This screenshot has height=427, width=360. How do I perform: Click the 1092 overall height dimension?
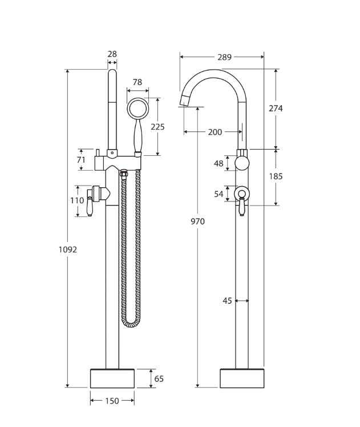pyautogui.click(x=67, y=249)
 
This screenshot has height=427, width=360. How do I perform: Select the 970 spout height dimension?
pyautogui.click(x=197, y=221)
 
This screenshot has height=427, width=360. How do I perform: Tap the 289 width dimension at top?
pyautogui.click(x=224, y=57)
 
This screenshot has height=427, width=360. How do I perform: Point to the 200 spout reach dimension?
pyautogui.click(x=215, y=132)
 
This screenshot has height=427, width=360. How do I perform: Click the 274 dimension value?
pyautogui.click(x=276, y=108)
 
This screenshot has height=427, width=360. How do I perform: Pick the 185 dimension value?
pyautogui.click(x=276, y=176)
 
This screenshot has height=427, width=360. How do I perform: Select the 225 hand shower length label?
pyautogui.click(x=157, y=127)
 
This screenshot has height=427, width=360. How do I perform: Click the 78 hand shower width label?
pyautogui.click(x=137, y=82)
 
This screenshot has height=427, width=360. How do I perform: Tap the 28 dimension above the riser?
pyautogui.click(x=112, y=54)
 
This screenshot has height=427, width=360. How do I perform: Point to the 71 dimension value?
pyautogui.click(x=81, y=160)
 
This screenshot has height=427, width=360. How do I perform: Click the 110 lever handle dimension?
pyautogui.click(x=77, y=200)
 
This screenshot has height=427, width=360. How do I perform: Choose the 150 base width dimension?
pyautogui.click(x=112, y=401)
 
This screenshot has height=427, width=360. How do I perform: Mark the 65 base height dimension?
pyautogui.click(x=159, y=378)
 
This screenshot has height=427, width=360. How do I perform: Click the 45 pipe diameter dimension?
pyautogui.click(x=227, y=301)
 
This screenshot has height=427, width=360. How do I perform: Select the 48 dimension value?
pyautogui.click(x=219, y=163)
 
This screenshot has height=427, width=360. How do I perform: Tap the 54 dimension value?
pyautogui.click(x=219, y=194)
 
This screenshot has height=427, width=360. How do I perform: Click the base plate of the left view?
pyautogui.click(x=112, y=378)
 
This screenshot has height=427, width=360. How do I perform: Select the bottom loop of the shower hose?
pyautogui.click(x=131, y=324)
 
